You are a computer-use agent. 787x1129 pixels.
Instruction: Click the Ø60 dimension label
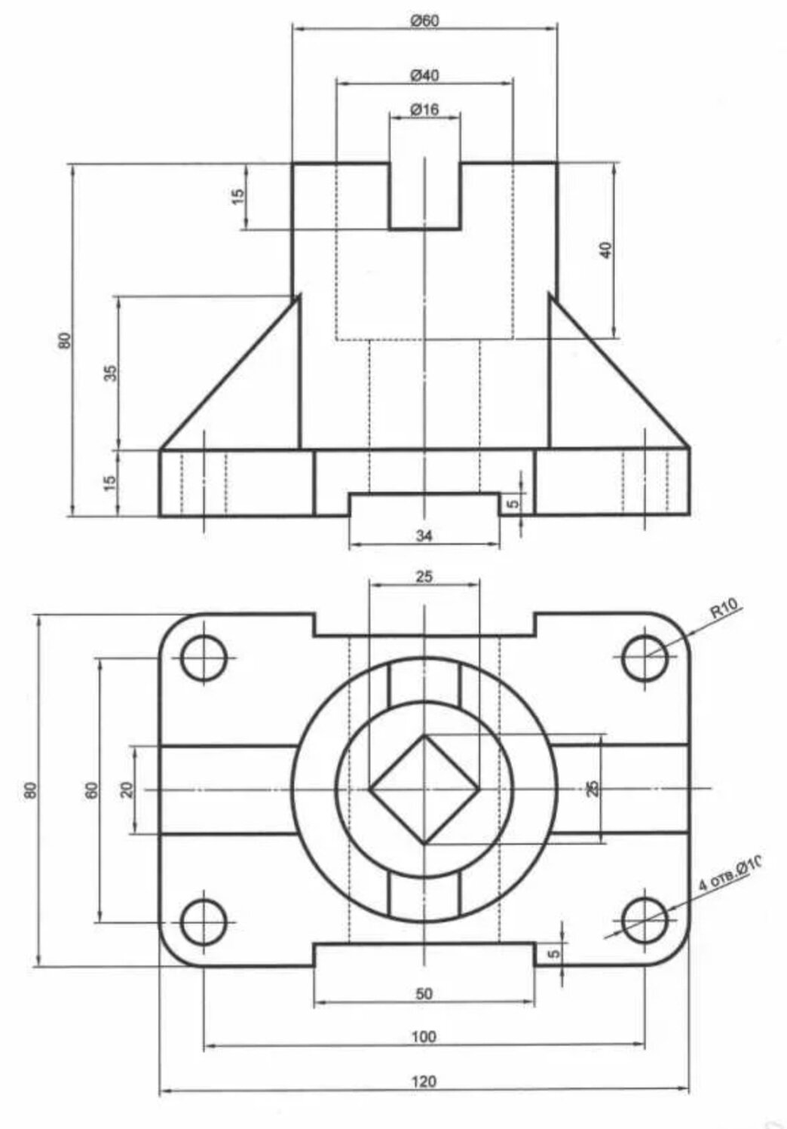(x=424, y=20)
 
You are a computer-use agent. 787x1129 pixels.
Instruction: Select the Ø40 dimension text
(x=424, y=75)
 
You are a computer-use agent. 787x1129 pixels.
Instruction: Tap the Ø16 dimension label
(x=424, y=110)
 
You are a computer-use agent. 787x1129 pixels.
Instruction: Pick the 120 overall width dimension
(x=424, y=1081)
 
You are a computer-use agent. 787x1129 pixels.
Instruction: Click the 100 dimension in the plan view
(x=424, y=1037)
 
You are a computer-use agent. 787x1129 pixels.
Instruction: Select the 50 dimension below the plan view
(x=424, y=994)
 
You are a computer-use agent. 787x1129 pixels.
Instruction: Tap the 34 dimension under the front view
(x=424, y=535)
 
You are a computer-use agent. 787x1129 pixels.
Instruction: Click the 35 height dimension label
(x=111, y=373)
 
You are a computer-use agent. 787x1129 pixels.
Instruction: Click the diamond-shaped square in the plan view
(x=424, y=790)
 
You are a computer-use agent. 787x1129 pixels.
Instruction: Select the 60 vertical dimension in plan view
(x=91, y=790)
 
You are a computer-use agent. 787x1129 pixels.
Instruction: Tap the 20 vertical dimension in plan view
(x=127, y=790)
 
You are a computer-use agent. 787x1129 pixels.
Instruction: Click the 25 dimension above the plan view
(x=424, y=577)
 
